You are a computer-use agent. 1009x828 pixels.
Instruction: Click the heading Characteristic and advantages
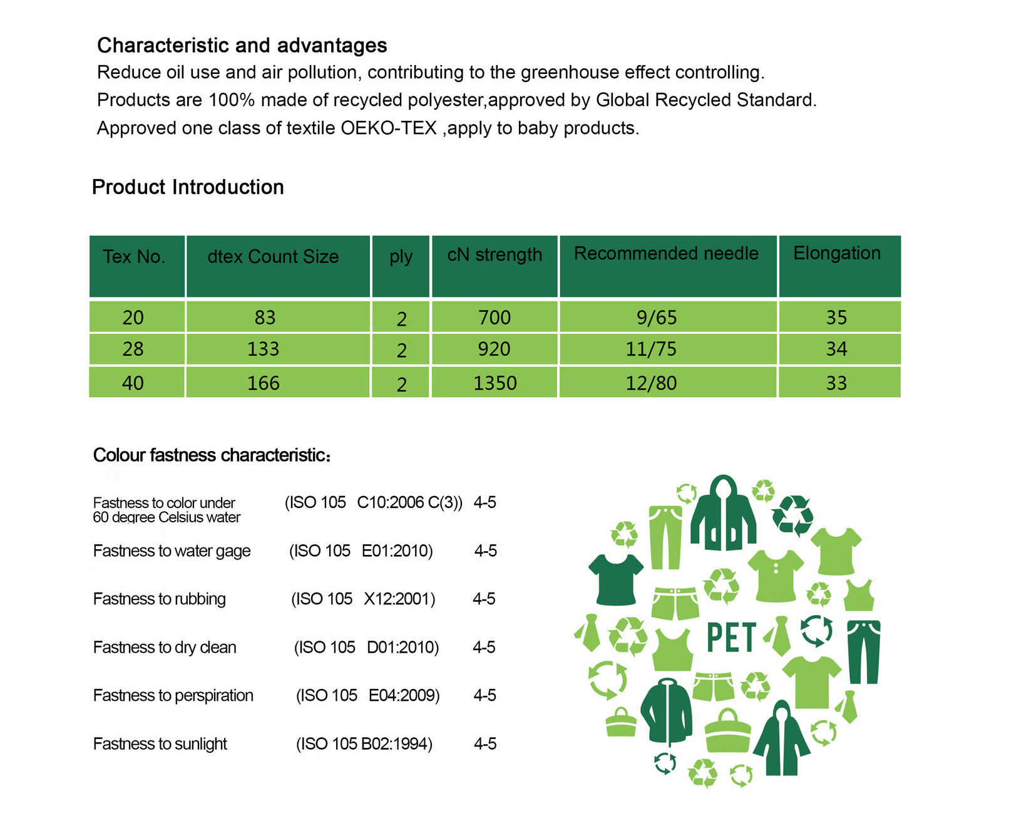point(242,45)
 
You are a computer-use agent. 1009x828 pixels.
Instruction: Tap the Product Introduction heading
point(188,187)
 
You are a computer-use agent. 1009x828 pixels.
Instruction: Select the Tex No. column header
point(134,257)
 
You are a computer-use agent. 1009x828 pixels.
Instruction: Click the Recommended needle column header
point(666,253)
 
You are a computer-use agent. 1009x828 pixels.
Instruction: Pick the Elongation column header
point(837,253)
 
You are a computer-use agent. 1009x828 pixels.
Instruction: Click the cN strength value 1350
point(494,383)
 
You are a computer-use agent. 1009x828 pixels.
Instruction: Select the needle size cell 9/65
point(657,318)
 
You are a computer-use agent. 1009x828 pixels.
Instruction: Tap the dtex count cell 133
point(263,349)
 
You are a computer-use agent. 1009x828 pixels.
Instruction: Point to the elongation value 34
point(837,349)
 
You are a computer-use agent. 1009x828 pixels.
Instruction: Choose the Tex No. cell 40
point(133,383)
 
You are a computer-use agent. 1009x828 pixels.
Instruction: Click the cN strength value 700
point(494,318)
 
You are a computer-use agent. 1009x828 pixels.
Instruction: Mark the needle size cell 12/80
point(651,383)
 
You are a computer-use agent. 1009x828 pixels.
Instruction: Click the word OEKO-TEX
point(388,128)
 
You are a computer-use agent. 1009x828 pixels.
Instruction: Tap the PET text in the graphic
point(731,638)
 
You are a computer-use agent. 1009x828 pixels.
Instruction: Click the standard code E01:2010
point(397,551)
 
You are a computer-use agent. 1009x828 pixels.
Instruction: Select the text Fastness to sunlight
point(160,743)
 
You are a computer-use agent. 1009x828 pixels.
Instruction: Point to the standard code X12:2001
point(399,599)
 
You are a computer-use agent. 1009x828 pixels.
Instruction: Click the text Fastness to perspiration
point(173,695)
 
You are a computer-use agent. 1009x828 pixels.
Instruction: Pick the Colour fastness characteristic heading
point(211,455)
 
